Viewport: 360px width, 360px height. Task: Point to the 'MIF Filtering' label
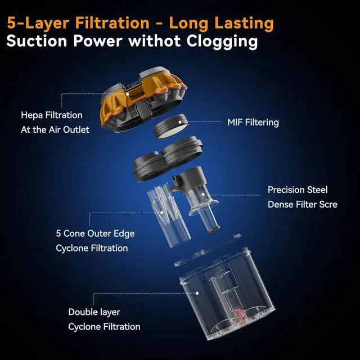[253, 122]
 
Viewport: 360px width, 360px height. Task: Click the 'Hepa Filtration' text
[52, 115]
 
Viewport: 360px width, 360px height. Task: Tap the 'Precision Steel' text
[298, 190]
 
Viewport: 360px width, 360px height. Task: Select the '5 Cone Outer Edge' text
[95, 233]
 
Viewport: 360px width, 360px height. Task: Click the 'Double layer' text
[94, 312]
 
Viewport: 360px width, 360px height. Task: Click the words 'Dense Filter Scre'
[302, 204]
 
